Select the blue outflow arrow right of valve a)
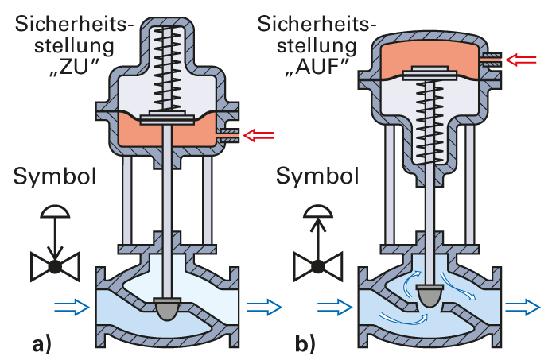[x=265, y=304]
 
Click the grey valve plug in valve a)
[x=169, y=308]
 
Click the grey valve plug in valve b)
[x=431, y=295]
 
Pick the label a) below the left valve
[x=41, y=345]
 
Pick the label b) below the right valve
[x=305, y=345]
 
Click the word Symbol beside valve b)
[x=313, y=176]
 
